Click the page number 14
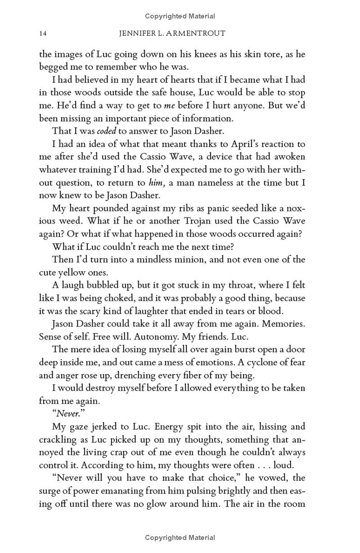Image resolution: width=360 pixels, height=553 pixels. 43,34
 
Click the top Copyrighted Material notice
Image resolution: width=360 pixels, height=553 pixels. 180,16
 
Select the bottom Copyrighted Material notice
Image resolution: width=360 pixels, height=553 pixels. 180,537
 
